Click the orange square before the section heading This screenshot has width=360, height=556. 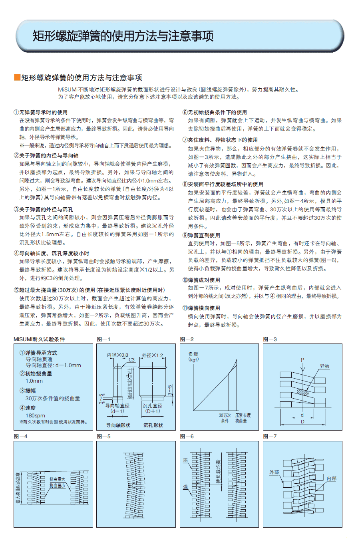[17, 77]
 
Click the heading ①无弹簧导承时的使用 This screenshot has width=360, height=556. [41, 112]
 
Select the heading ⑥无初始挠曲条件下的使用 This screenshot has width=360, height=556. [215, 112]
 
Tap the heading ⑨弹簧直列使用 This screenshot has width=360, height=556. [201, 235]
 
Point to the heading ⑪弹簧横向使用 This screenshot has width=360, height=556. [201, 308]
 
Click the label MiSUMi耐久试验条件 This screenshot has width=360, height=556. [39, 339]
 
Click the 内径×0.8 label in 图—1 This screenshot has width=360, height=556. [117, 355]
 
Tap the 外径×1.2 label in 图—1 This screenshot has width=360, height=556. [152, 355]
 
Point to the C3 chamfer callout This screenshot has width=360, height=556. [131, 360]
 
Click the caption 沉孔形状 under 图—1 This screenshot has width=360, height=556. [153, 425]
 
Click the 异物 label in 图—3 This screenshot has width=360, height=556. [324, 366]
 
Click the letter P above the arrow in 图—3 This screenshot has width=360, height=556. [302, 360]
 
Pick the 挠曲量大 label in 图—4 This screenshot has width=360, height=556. [57, 479]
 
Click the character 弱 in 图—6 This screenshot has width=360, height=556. [185, 461]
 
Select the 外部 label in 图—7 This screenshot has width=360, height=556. [274, 472]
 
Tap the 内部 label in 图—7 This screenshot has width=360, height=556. [331, 478]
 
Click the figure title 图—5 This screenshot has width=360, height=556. [103, 436]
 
